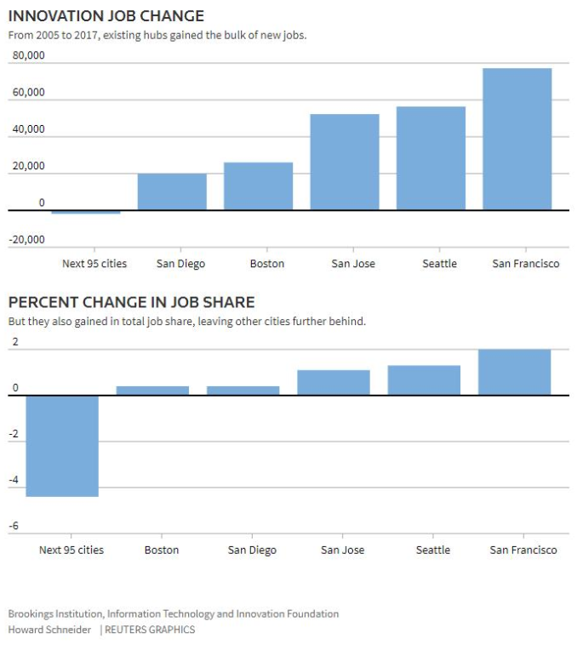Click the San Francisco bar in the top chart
[x=517, y=139]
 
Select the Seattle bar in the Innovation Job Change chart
[x=431, y=158]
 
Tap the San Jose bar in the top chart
[x=344, y=162]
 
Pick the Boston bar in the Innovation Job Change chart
[x=258, y=185]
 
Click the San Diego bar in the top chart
[x=172, y=191]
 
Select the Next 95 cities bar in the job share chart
[x=62, y=446]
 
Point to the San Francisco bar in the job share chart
[x=514, y=372]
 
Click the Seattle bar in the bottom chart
[x=424, y=380]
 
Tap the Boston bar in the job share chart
[x=152, y=391]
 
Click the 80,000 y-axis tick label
[x=28, y=57]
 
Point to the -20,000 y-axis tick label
[x=27, y=240]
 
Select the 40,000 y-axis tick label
[x=28, y=130]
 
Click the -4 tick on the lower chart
[x=14, y=480]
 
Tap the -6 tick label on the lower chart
[x=14, y=527]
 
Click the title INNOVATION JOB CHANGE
[x=106, y=16]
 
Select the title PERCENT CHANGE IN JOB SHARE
[x=131, y=303]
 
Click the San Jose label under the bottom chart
[x=342, y=550]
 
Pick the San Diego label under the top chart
[x=180, y=264]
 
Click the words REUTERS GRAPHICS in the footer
[x=150, y=630]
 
